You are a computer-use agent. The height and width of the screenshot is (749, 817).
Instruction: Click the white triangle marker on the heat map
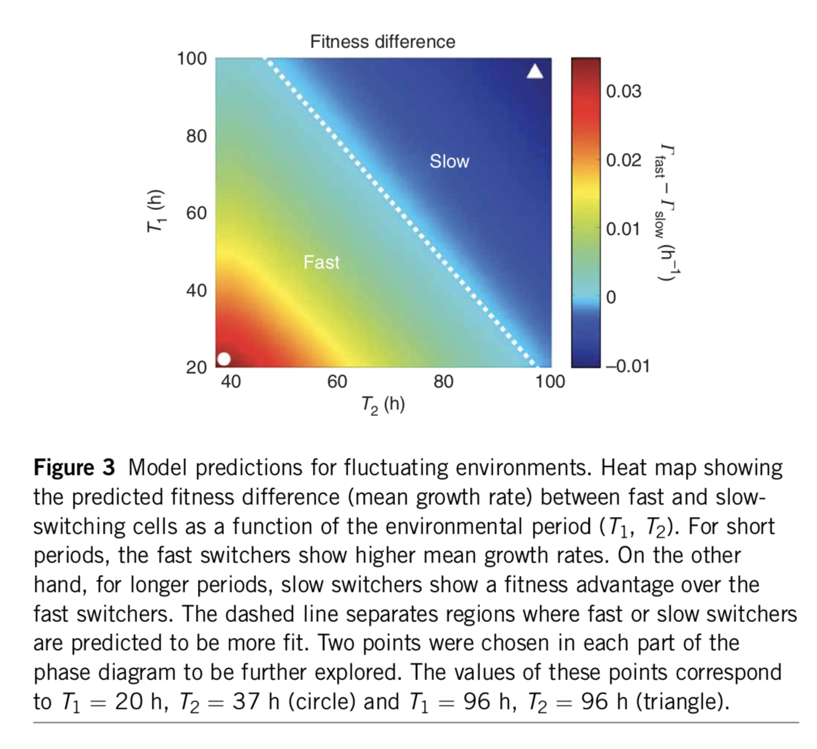(535, 72)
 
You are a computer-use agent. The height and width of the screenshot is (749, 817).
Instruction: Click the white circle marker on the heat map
(225, 359)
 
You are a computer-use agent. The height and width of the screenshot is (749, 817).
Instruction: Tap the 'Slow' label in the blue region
(449, 161)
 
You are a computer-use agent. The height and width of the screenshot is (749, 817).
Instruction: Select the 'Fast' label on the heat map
(322, 262)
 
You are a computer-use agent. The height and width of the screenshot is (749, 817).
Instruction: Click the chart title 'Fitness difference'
(382, 41)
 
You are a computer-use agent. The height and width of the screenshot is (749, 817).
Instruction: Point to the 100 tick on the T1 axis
(192, 59)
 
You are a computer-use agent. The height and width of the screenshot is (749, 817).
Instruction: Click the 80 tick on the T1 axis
(197, 136)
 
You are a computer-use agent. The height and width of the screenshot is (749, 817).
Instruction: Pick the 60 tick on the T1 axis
(197, 213)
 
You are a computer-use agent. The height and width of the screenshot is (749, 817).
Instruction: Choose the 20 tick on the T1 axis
(197, 367)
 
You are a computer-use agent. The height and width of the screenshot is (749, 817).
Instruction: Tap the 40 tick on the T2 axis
(231, 382)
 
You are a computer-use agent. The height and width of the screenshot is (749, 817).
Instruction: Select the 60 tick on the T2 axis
(337, 382)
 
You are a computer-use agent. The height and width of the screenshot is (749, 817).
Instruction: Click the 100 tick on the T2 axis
(550, 382)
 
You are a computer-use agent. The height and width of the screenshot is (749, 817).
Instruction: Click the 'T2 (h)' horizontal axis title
(382, 405)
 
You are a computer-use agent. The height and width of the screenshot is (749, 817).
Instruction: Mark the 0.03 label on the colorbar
(623, 92)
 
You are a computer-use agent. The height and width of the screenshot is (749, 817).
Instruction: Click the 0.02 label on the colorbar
(623, 160)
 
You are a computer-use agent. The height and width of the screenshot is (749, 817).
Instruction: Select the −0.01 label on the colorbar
(627, 366)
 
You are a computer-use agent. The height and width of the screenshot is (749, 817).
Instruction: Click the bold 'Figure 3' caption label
(74, 467)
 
